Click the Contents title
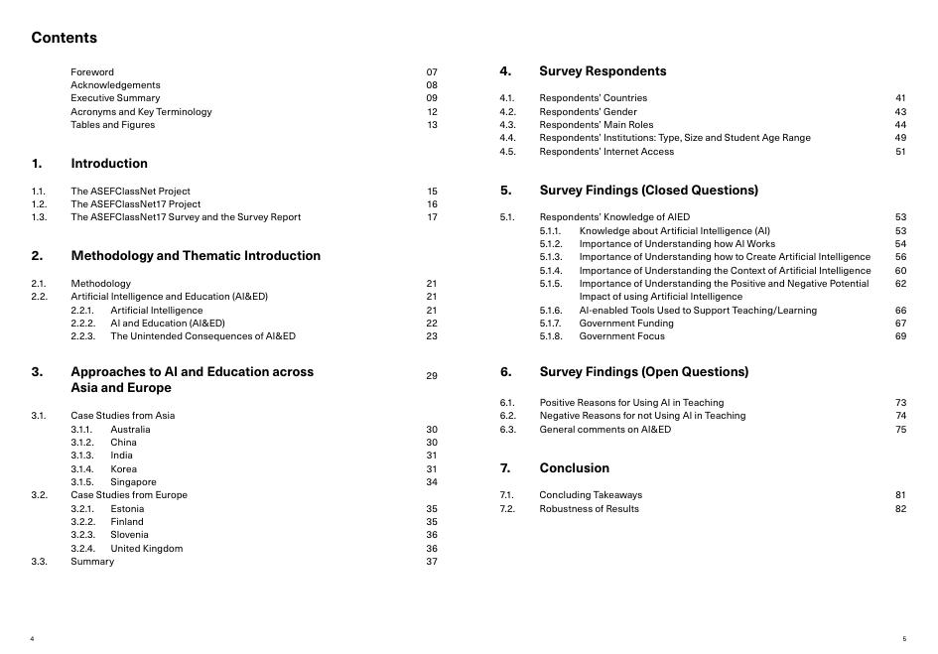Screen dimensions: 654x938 click(x=65, y=38)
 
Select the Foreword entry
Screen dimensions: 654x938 click(x=92, y=71)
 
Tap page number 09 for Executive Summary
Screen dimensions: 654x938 click(x=432, y=98)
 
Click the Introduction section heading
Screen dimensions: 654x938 click(x=109, y=164)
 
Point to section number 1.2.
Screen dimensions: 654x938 click(x=39, y=203)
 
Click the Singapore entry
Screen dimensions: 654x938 click(x=133, y=482)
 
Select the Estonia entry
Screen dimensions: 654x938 click(x=127, y=508)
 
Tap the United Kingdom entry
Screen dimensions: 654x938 click(x=147, y=548)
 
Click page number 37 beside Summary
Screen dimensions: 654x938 click(x=432, y=562)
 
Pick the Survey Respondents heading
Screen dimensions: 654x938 click(x=603, y=71)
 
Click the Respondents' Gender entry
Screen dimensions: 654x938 click(x=588, y=111)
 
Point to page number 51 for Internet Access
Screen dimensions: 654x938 click(x=900, y=152)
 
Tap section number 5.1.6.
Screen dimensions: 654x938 click(x=551, y=310)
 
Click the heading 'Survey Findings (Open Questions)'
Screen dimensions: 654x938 click(x=643, y=372)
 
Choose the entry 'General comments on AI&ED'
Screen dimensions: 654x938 click(x=604, y=429)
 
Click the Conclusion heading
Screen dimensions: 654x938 click(x=574, y=468)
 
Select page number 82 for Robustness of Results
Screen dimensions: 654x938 click(x=900, y=508)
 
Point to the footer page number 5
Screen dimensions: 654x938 click(x=904, y=639)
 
